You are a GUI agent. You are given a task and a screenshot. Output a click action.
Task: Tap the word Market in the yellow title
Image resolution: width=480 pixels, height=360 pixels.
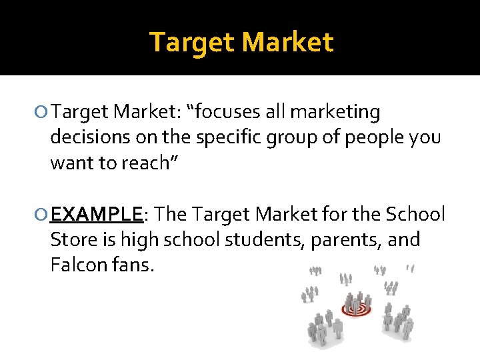(287, 42)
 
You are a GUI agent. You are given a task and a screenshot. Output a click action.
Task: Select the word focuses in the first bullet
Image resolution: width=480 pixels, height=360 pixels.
(224, 112)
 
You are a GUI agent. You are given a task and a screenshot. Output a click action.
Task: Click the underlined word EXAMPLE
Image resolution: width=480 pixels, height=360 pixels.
(97, 215)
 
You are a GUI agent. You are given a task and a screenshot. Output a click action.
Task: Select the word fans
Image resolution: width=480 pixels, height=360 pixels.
(131, 265)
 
